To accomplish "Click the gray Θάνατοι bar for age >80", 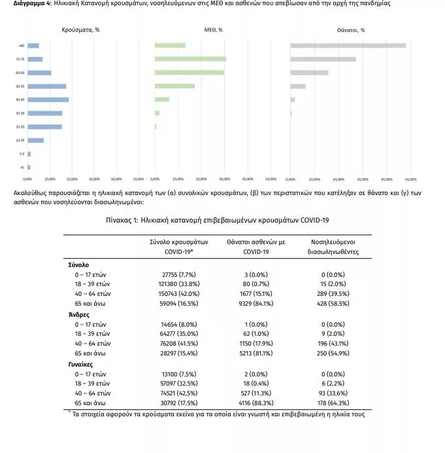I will point(348,45).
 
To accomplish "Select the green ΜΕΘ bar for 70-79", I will point(190,59).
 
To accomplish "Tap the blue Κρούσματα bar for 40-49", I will point(48,100).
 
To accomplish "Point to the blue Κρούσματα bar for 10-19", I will point(35,140).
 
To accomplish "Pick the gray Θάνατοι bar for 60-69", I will point(309,72).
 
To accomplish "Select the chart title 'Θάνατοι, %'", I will point(351,29).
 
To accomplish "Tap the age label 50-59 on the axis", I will point(22,86).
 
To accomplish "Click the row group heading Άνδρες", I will point(79,315).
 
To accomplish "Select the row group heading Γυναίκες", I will point(82,365).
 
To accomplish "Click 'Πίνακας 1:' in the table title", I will point(122,220).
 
